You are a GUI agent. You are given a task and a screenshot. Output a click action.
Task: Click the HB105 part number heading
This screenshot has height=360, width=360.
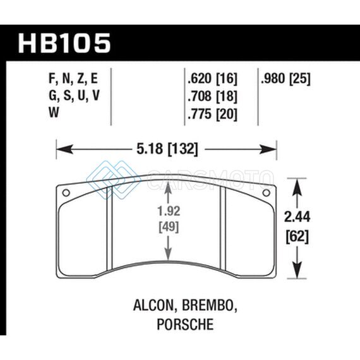pos(64,43)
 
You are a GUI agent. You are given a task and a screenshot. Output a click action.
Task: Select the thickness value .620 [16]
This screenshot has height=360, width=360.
pos(212,78)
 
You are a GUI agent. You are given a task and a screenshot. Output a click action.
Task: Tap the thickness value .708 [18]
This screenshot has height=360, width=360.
pos(212,96)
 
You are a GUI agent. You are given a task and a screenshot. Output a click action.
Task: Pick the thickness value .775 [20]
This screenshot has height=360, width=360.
pos(212,114)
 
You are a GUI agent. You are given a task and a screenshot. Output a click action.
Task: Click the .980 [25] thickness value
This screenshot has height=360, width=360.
pos(285,78)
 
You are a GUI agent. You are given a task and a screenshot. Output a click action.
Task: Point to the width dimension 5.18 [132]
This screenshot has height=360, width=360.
pos(167,149)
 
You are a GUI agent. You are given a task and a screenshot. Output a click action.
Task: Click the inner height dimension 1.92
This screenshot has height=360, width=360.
pos(169,211)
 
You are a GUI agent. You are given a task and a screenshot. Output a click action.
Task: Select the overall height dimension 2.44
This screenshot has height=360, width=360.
pos(297,217)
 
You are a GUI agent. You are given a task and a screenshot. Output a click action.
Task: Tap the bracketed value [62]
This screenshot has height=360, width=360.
pos(297,236)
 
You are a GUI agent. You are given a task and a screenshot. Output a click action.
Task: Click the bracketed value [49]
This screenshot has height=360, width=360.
pos(169,227)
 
